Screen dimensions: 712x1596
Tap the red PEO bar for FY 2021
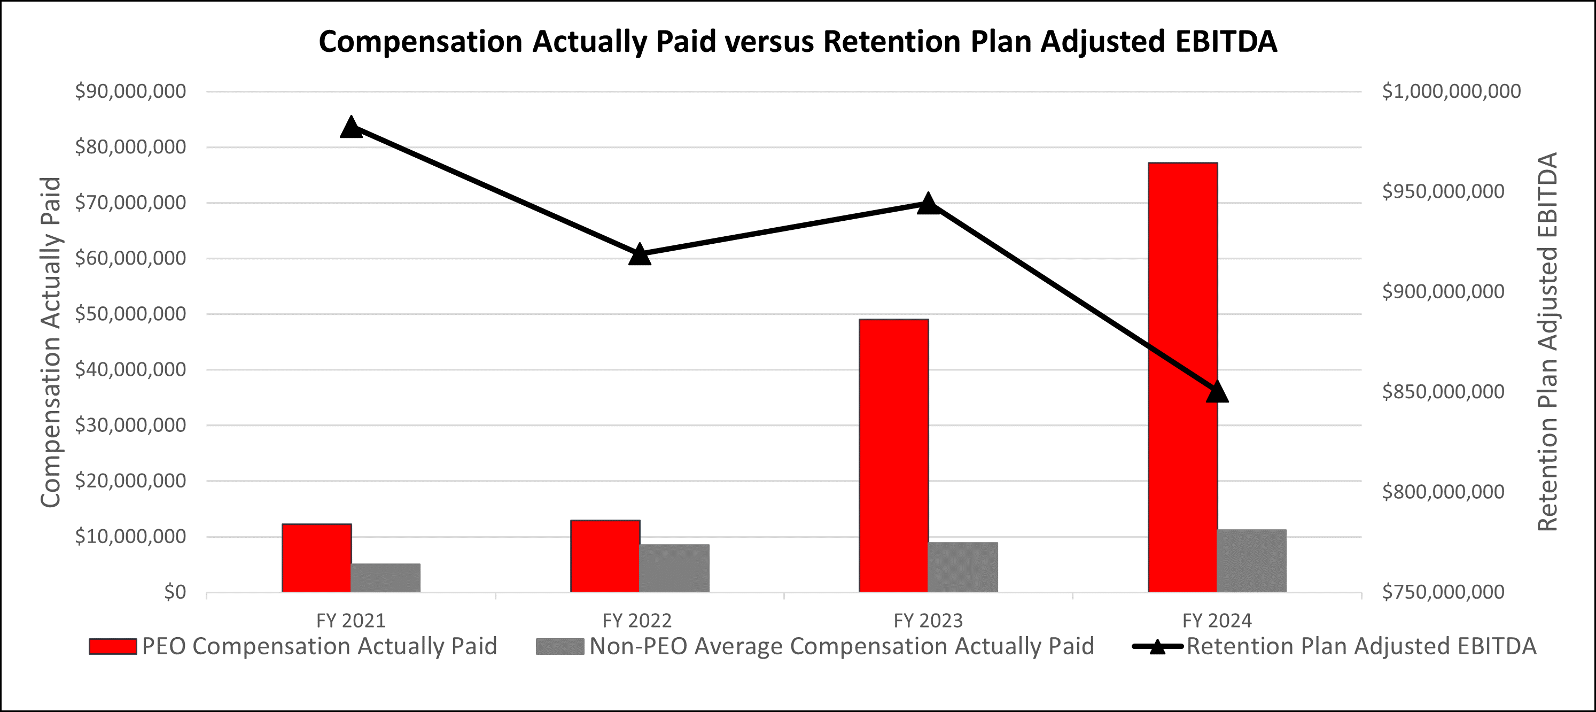pos(317,558)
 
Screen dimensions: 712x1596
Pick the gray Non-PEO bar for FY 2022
pos(674,568)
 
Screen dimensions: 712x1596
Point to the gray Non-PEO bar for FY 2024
pos(1251,561)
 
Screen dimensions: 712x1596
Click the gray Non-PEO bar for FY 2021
pos(385,577)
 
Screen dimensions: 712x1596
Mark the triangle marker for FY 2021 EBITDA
pos(351,127)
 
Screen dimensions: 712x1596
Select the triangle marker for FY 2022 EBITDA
pos(640,254)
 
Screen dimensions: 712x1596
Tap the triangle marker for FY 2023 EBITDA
pos(928,203)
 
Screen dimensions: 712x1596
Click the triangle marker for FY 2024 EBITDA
pos(1217,392)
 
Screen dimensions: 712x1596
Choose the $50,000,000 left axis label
pos(130,314)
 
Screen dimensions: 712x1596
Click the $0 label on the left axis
pos(175,592)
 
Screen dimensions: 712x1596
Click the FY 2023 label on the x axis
pos(928,620)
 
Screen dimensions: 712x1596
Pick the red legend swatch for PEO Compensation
pos(113,646)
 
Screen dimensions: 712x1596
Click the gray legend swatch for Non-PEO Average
pos(559,646)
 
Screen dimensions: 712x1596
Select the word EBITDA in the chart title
pos(1223,42)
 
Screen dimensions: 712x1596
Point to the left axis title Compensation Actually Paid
pos(51,342)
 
